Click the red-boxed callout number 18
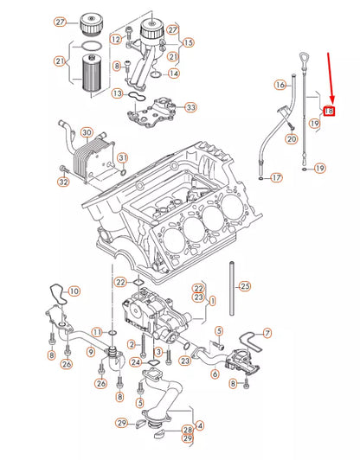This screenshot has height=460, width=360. point(329,111)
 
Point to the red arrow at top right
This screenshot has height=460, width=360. point(330,78)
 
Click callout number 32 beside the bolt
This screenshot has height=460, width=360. point(63,182)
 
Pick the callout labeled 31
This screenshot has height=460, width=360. point(122,157)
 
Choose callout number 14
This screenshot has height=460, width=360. point(175,74)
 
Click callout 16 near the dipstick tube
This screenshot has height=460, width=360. point(280,85)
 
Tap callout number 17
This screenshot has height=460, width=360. point(276,177)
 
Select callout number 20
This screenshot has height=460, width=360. point(291,138)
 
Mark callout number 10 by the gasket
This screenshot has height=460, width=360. point(74,291)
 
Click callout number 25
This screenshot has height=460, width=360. point(244,285)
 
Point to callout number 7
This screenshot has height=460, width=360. point(267,332)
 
